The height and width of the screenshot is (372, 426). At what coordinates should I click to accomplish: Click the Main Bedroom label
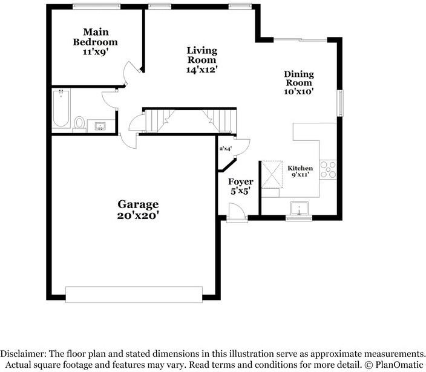click(96, 37)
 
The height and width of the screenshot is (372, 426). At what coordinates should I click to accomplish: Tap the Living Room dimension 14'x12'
click(202, 70)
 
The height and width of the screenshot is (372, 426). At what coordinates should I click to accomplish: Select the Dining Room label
click(299, 78)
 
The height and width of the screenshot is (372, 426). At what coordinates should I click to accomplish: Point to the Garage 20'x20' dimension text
click(138, 215)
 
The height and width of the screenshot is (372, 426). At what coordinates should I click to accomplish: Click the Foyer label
click(241, 181)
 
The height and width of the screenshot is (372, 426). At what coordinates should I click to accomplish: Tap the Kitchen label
click(300, 168)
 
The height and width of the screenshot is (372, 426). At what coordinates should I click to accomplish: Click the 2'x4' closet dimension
click(226, 149)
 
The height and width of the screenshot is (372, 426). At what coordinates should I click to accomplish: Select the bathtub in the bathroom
click(61, 109)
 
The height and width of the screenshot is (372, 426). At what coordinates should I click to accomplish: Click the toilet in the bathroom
click(79, 125)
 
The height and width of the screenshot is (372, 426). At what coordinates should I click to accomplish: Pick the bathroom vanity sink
click(100, 126)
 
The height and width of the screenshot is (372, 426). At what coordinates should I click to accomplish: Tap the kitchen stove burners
click(328, 169)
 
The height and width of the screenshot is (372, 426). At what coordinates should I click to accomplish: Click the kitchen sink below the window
click(299, 208)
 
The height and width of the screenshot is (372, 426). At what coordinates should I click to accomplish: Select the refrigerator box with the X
click(272, 174)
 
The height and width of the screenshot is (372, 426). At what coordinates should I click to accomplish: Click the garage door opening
click(134, 295)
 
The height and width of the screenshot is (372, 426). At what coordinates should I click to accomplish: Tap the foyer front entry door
click(237, 212)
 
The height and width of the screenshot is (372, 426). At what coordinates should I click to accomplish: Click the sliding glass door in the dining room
click(300, 40)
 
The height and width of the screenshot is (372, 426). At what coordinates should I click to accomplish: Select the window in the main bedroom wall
click(96, 7)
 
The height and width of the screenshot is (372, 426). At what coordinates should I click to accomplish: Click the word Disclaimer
click(23, 354)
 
